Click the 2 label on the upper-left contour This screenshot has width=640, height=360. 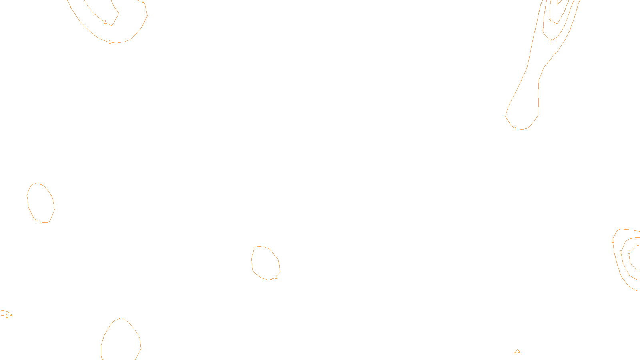(x=105, y=22)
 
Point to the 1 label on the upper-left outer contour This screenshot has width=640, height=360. (x=110, y=42)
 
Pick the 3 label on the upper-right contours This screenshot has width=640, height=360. (x=550, y=21)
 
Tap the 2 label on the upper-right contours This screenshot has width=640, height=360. (x=550, y=41)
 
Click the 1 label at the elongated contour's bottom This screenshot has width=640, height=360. (x=516, y=129)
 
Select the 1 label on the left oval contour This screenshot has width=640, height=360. (x=40, y=222)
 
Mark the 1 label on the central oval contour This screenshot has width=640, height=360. (x=276, y=277)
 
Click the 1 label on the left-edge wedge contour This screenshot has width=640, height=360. (x=7, y=316)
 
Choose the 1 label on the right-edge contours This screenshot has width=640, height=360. (x=613, y=241)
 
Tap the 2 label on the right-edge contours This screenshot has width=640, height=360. (x=621, y=252)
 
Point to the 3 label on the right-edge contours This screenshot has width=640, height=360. (x=629, y=252)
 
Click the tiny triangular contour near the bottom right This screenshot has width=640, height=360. (x=518, y=352)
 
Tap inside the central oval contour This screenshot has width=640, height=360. (x=265, y=262)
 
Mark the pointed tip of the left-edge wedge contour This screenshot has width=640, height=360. (x=12, y=315)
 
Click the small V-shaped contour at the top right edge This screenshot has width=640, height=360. (x=559, y=2)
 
